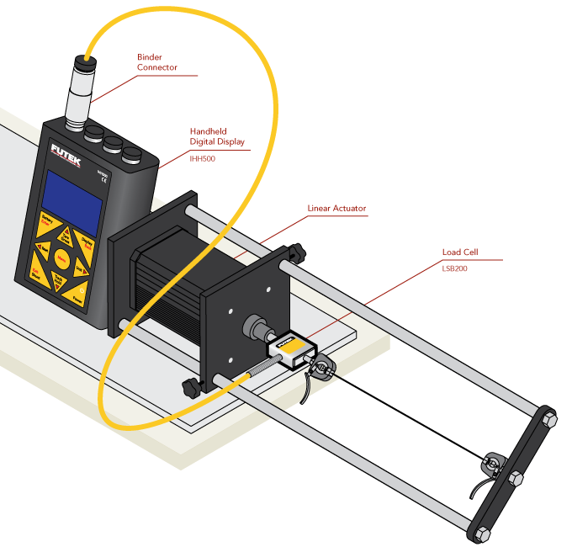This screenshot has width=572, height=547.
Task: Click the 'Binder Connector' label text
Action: (x=157, y=62)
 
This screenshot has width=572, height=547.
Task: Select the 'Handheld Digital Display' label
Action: (x=217, y=136)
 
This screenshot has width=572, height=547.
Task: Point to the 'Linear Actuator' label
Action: (x=337, y=208)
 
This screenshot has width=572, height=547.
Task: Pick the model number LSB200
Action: (x=454, y=268)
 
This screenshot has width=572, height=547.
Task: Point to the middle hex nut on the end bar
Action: (x=515, y=478)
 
